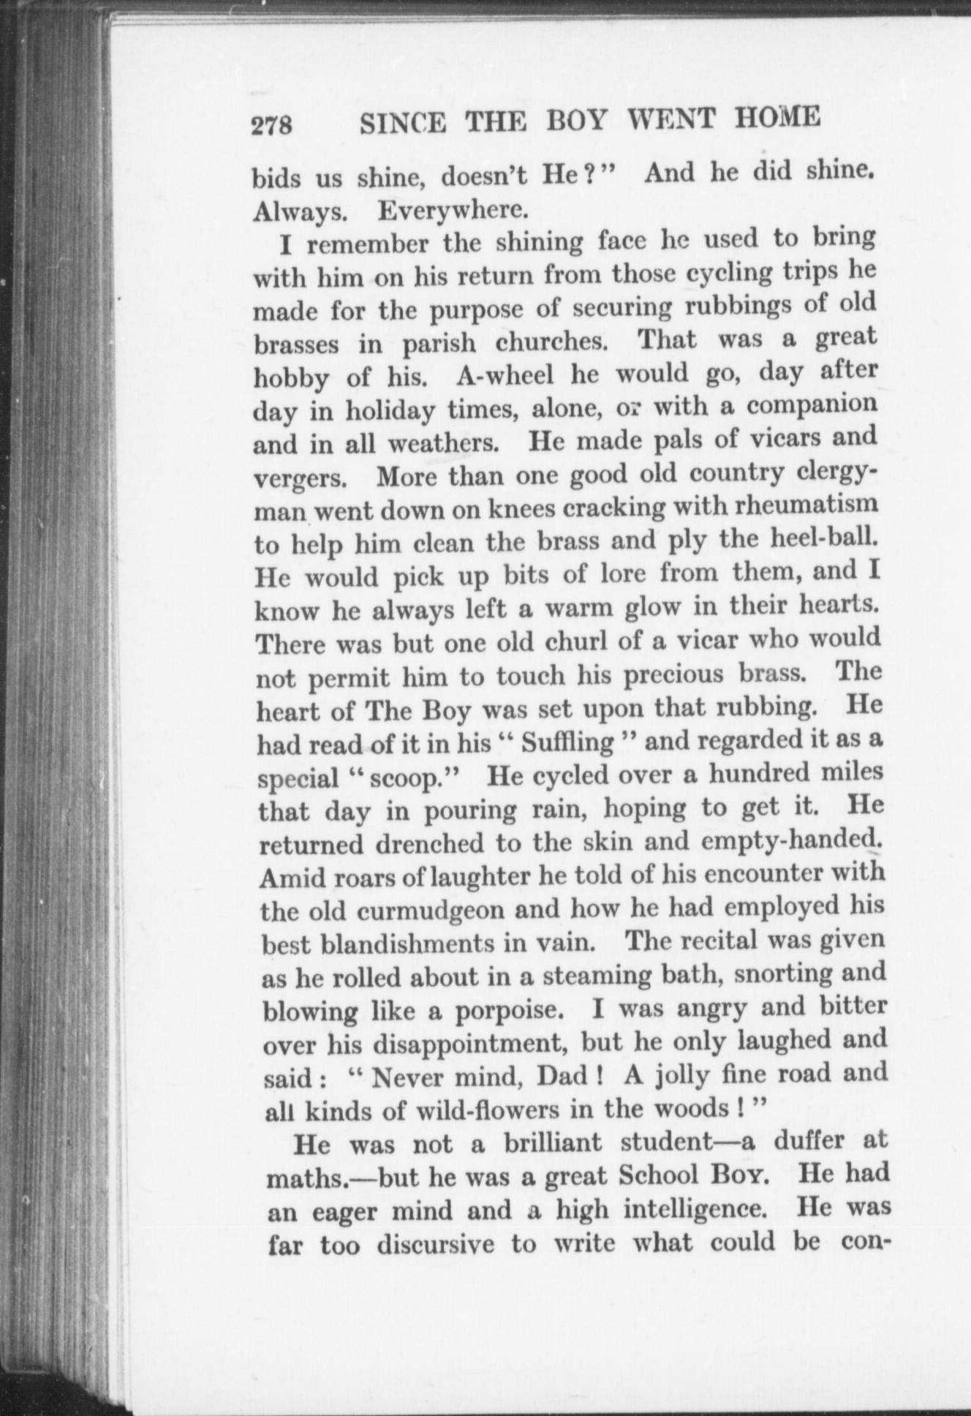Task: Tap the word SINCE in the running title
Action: click(x=403, y=124)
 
